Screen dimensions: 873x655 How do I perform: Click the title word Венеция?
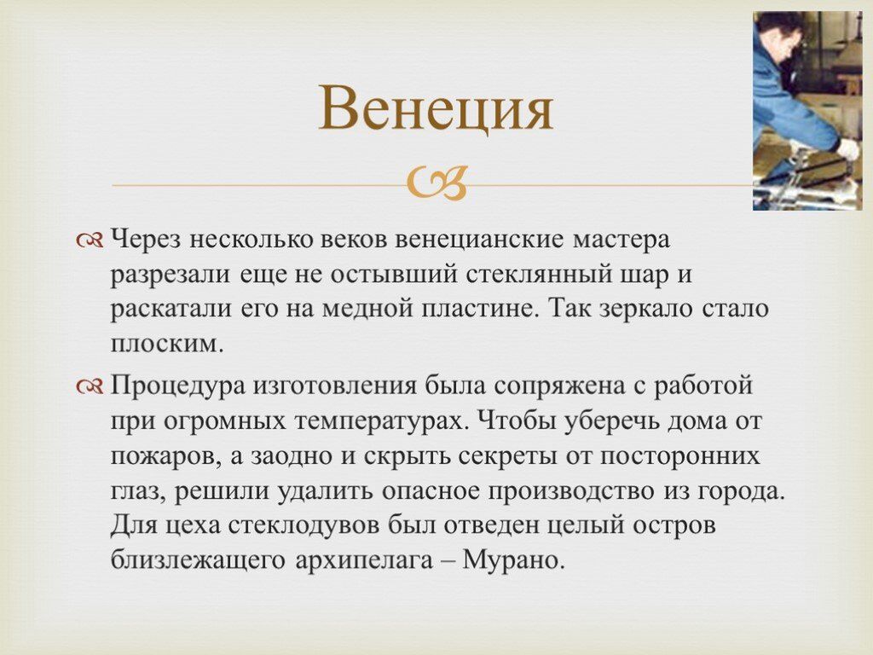click(x=436, y=108)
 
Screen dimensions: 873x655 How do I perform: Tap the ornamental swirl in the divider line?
click(x=436, y=183)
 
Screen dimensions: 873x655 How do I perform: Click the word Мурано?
click(x=511, y=559)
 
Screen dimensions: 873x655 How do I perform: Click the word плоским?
click(x=166, y=344)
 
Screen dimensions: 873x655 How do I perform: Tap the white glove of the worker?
click(x=848, y=150)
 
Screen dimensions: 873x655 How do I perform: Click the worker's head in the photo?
click(x=776, y=34)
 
